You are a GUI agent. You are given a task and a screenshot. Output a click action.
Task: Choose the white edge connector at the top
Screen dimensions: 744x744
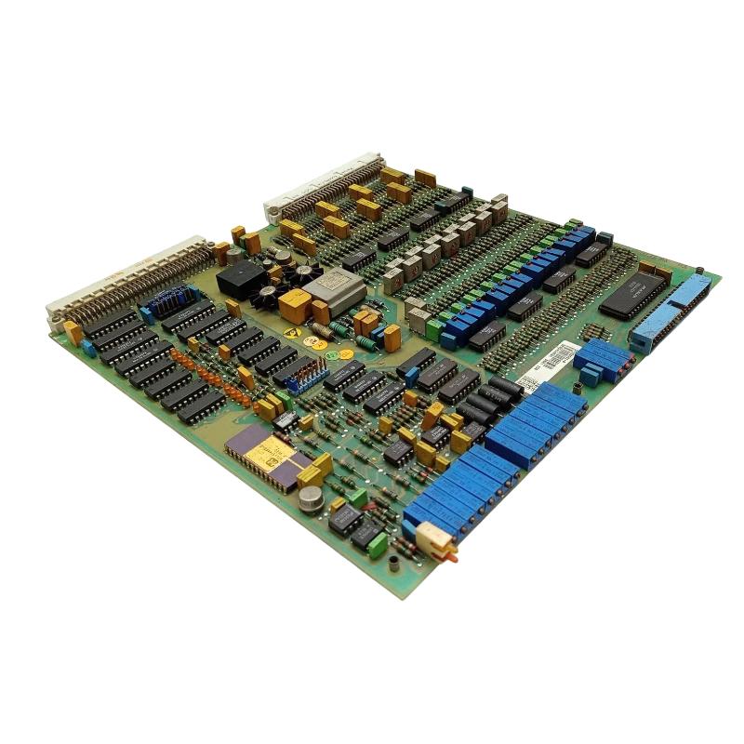325,186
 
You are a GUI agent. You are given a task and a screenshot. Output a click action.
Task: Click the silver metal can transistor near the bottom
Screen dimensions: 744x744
310,499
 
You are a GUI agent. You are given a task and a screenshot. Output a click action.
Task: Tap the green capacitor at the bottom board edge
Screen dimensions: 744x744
378,545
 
